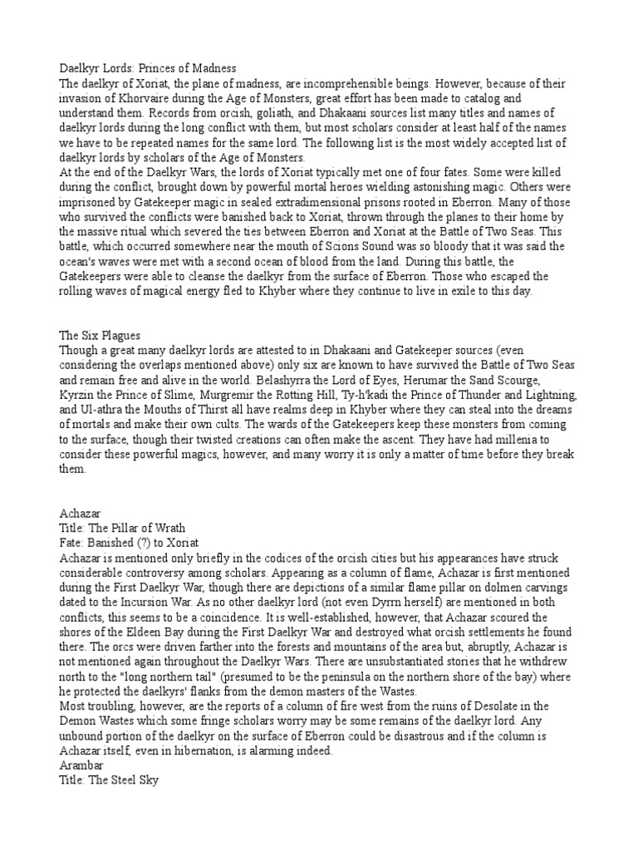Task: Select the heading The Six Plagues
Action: tap(99, 335)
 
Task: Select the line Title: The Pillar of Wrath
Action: tap(122, 528)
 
